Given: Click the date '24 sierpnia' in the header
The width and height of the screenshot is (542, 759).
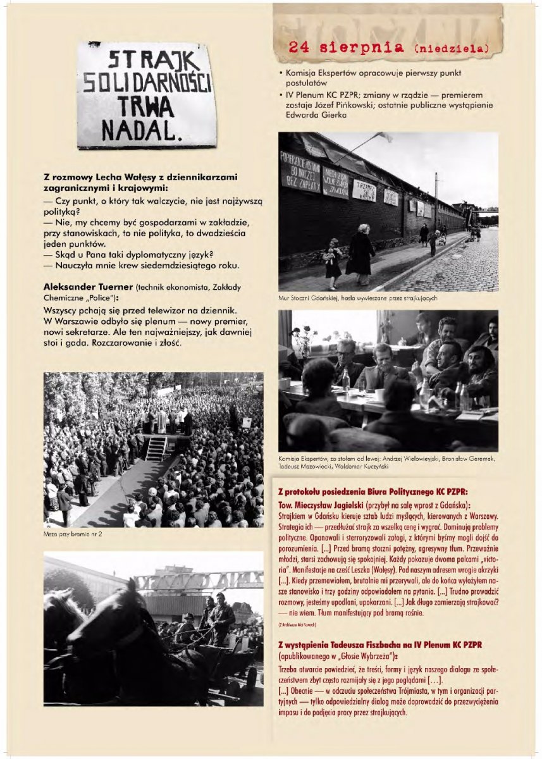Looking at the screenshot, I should [x=345, y=47].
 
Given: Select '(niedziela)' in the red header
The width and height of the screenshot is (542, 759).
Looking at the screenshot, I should [x=451, y=47].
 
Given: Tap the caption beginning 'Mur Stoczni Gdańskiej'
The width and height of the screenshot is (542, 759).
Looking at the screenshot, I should [x=357, y=297].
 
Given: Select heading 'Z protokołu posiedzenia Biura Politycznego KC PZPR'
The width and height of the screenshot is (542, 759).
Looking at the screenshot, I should [x=373, y=491].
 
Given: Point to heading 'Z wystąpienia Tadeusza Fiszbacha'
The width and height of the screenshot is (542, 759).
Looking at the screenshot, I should [x=379, y=644].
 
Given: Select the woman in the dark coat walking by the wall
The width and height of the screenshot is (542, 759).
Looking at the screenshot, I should [x=361, y=253].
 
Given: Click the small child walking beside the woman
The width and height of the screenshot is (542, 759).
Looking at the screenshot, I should [x=333, y=261].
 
